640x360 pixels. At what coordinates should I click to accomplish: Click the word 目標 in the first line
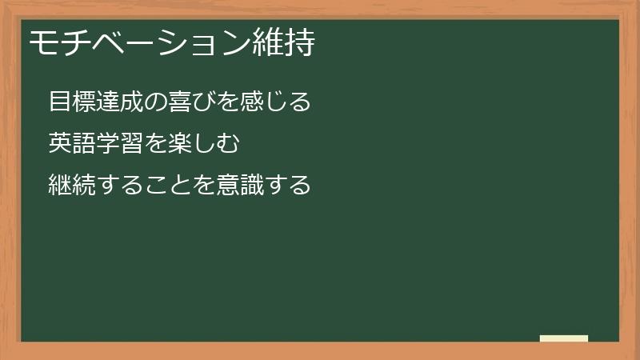tap(71, 102)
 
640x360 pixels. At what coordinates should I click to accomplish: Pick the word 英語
tap(71, 144)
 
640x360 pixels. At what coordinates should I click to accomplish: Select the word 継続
tap(71, 186)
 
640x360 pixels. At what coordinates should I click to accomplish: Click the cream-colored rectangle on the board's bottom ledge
tap(564, 338)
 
